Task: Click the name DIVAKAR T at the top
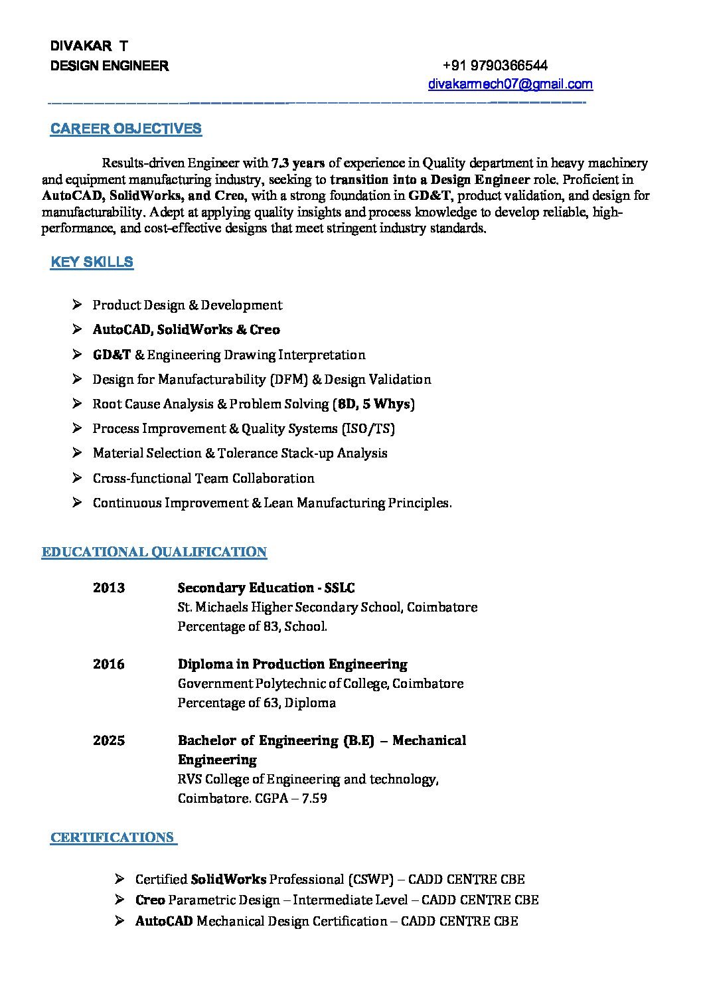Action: coord(89,46)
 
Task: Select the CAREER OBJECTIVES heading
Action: coord(126,129)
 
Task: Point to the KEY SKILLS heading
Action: coord(92,262)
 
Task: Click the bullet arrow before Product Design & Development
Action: coord(78,305)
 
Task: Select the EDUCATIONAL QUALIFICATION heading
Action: coord(154,552)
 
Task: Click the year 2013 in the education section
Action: coord(109,588)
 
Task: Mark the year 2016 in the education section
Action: coord(109,664)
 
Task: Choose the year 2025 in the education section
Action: coord(109,740)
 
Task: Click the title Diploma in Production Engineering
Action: coord(292,664)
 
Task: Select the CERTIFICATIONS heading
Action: coord(112,837)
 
